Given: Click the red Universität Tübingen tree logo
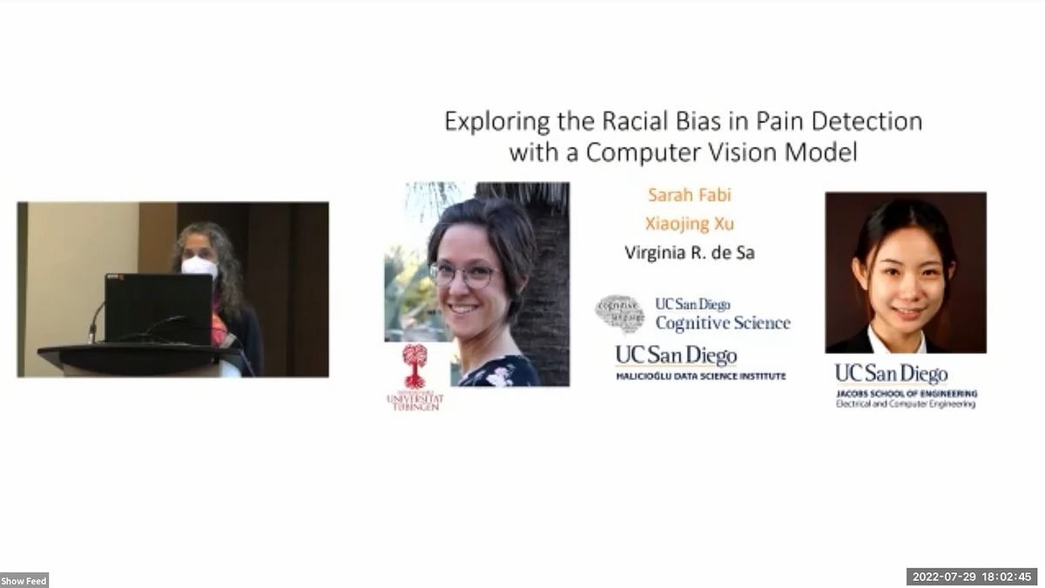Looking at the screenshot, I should click(x=415, y=364).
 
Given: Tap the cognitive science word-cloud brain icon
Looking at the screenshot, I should click(x=619, y=314).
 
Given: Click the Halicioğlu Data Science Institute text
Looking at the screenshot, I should click(x=701, y=376).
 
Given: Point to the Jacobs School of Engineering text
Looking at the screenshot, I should click(x=907, y=394).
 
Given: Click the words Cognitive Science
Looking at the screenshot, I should click(x=723, y=323).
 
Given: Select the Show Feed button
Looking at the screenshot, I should click(x=24, y=580).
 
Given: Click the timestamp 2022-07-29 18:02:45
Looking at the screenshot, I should click(x=973, y=577).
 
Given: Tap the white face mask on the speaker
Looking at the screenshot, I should click(x=199, y=266).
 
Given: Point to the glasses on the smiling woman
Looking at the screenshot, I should click(x=465, y=274).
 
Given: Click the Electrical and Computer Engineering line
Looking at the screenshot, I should click(x=906, y=404).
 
